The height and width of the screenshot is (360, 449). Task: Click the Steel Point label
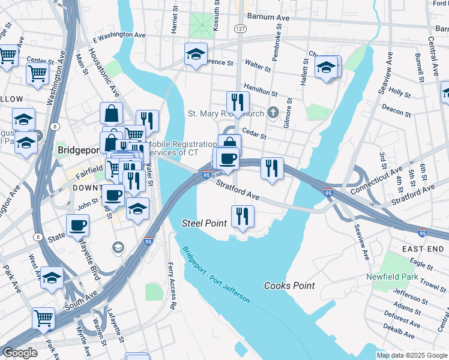point(204,223)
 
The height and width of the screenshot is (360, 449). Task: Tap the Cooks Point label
point(290,286)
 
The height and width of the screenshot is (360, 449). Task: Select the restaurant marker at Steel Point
point(243,217)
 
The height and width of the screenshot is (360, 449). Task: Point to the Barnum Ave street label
point(273,19)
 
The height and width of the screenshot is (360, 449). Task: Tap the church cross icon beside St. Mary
point(273,112)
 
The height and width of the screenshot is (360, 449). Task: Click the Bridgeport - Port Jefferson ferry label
point(217,274)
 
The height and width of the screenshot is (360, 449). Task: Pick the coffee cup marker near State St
point(77,226)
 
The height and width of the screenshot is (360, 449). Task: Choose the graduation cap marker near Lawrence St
point(196,54)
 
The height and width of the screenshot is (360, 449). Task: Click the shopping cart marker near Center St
point(37,74)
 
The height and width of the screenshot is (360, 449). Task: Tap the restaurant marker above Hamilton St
point(238,103)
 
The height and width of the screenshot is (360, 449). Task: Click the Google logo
point(20,353)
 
